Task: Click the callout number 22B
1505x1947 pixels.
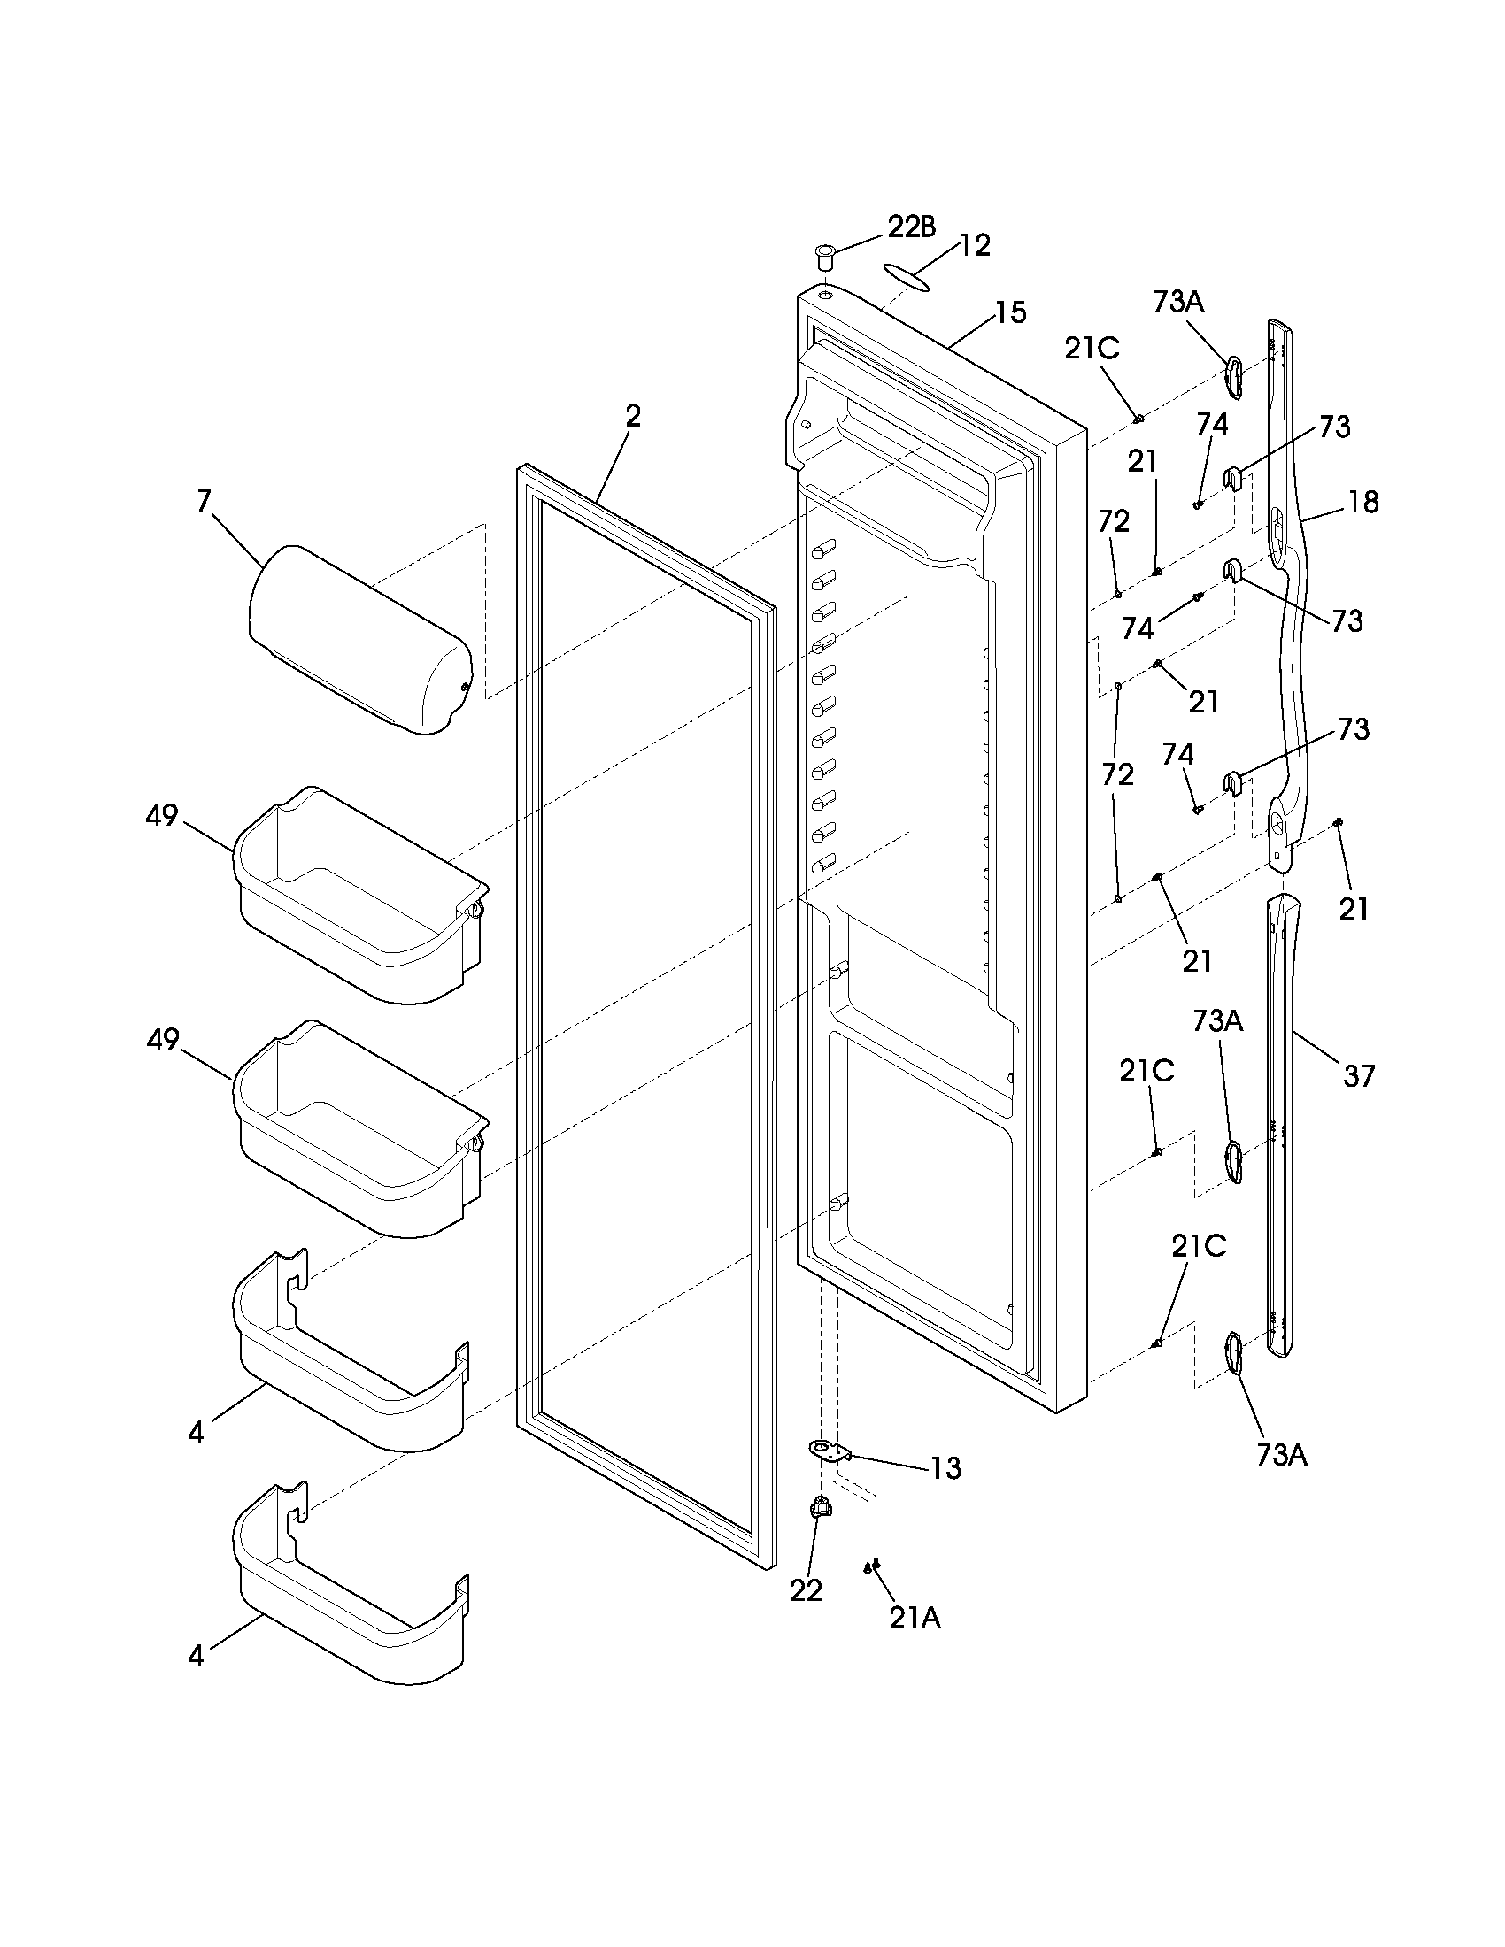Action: click(x=911, y=228)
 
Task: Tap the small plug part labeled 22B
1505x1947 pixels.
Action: click(x=824, y=262)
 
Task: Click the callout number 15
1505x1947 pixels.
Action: click(x=1011, y=313)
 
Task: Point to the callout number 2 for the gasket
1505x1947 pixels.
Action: click(x=632, y=416)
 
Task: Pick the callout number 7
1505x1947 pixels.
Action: click(x=205, y=502)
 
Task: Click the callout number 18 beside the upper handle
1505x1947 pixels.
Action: click(x=1362, y=503)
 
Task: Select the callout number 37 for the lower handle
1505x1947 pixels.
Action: click(x=1359, y=1077)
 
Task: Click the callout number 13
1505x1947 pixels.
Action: click(x=945, y=1468)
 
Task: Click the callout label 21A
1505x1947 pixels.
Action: click(x=915, y=1618)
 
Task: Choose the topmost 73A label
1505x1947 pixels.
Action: click(x=1178, y=302)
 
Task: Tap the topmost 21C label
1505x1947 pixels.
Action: click(x=1092, y=349)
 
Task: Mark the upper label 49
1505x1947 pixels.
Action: click(x=162, y=816)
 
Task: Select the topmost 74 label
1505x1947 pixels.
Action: click(x=1212, y=424)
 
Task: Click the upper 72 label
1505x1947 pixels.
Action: click(x=1115, y=521)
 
